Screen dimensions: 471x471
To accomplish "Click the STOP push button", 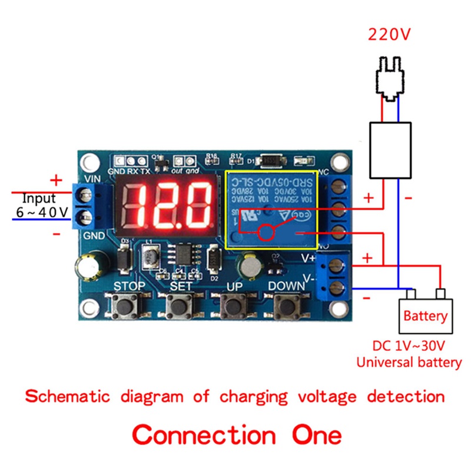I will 125,306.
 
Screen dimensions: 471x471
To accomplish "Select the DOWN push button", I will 286,306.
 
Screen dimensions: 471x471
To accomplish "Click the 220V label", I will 389,34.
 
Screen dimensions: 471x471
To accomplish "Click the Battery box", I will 425,316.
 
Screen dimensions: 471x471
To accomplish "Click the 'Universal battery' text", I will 409,362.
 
